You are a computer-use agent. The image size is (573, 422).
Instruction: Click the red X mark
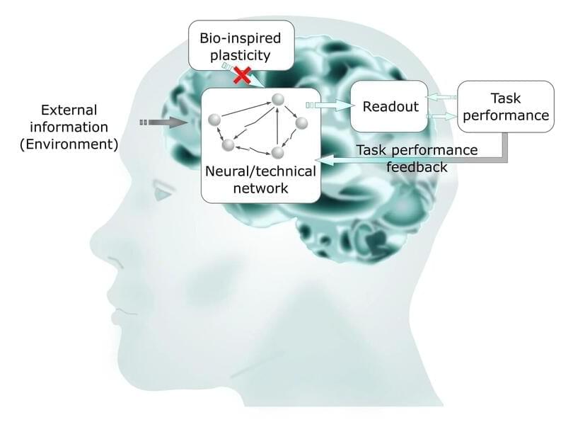click(x=243, y=74)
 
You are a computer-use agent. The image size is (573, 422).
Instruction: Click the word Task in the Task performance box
click(x=504, y=98)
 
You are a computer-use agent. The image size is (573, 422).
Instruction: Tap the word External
click(x=69, y=110)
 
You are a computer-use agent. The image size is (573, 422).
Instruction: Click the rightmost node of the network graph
click(x=301, y=123)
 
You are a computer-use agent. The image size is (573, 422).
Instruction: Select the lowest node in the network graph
click(x=278, y=152)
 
